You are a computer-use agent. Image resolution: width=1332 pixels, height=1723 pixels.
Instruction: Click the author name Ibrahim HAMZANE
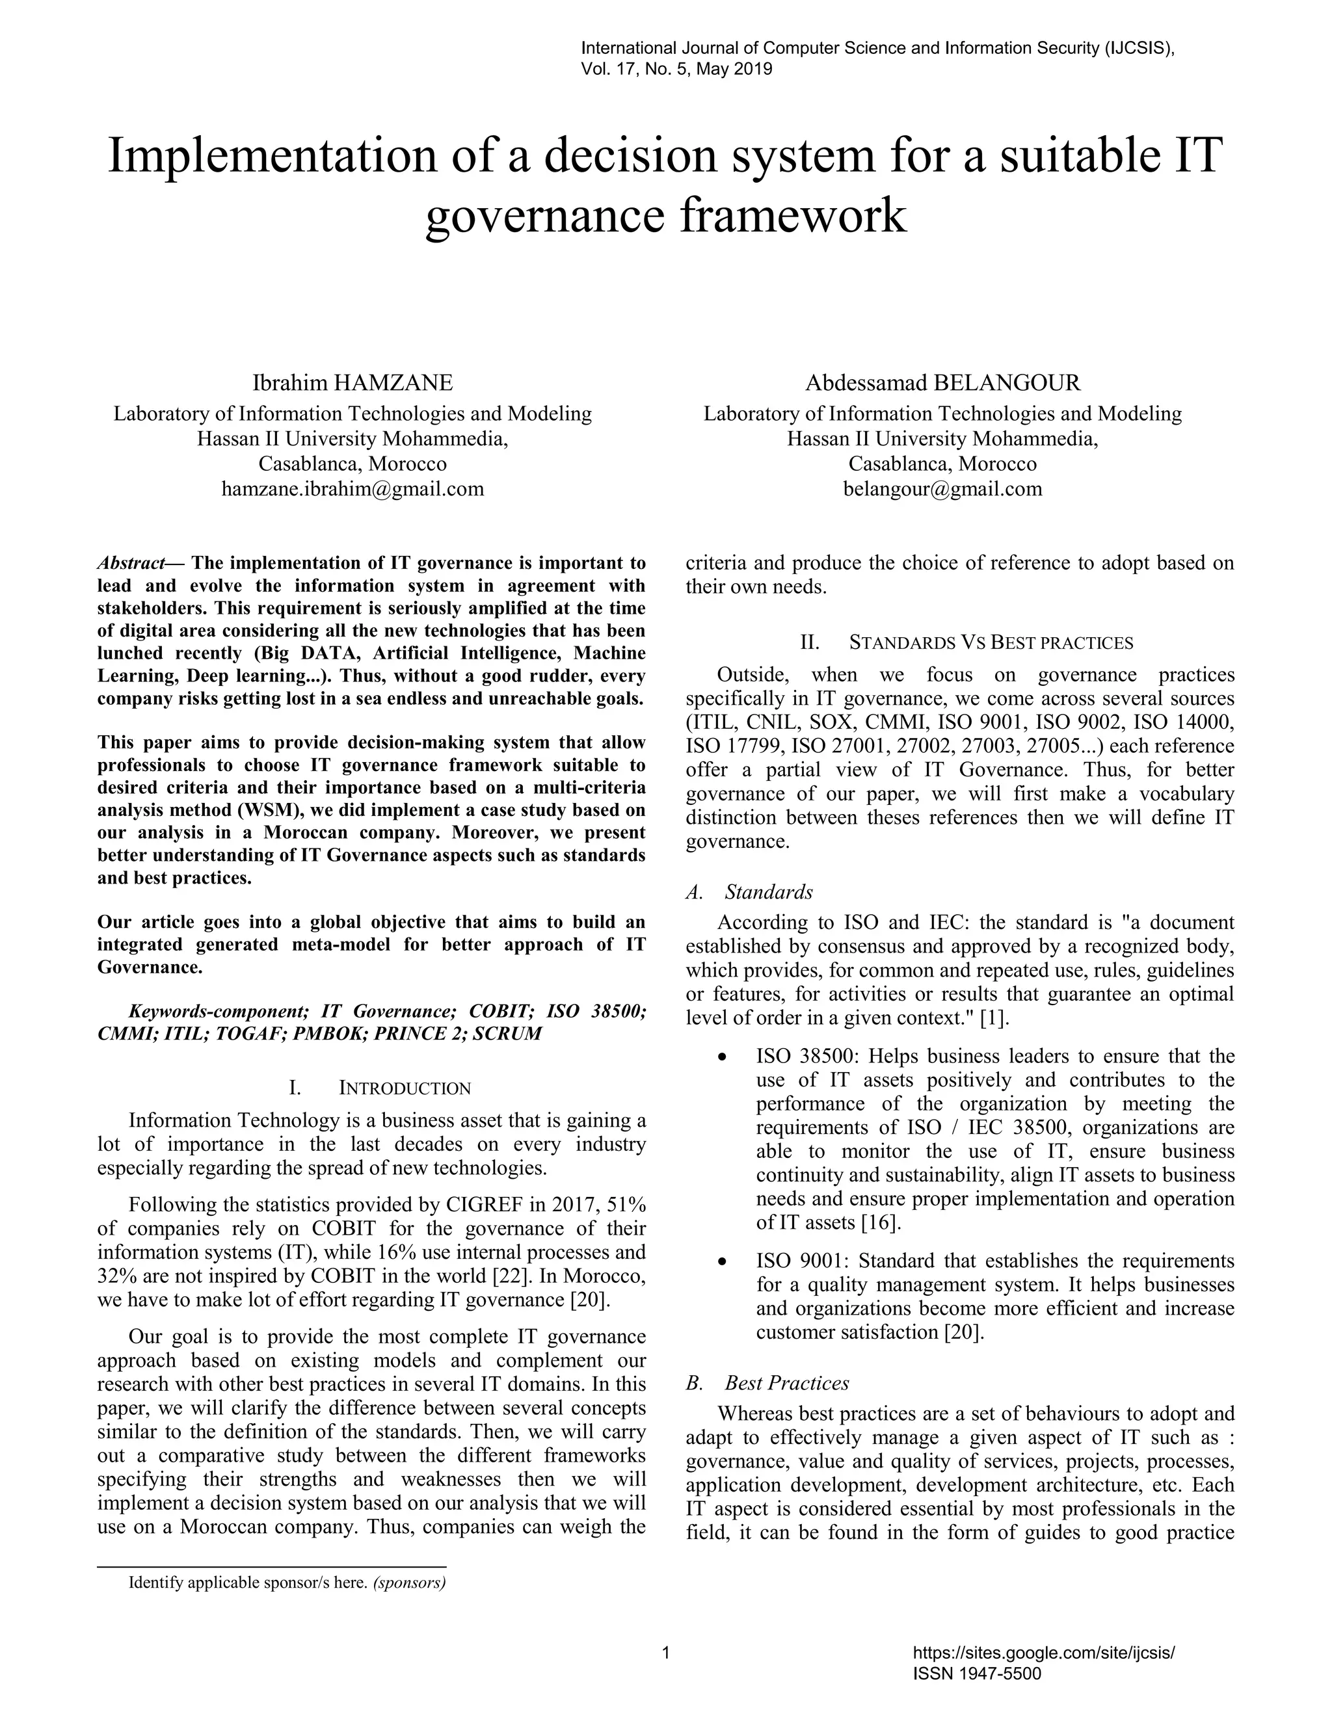352,384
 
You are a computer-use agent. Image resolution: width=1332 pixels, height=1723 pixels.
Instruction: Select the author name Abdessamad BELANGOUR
942,384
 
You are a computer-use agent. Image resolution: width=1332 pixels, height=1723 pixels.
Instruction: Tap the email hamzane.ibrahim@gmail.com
352,489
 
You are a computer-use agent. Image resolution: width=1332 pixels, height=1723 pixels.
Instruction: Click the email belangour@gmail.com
942,489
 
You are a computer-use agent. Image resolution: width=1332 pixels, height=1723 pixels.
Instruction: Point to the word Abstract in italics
130,563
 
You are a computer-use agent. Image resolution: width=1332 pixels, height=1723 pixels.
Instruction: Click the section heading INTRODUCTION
404,1088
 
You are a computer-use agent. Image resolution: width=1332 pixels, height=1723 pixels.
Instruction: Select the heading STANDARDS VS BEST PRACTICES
991,643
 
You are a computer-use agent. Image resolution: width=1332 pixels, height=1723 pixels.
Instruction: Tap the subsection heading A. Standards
750,892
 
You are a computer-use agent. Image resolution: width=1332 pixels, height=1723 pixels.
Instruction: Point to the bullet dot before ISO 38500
721,1057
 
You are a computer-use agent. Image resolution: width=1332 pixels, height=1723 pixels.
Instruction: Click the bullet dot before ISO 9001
721,1262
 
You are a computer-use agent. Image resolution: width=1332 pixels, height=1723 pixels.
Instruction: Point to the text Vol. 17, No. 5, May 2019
676,70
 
